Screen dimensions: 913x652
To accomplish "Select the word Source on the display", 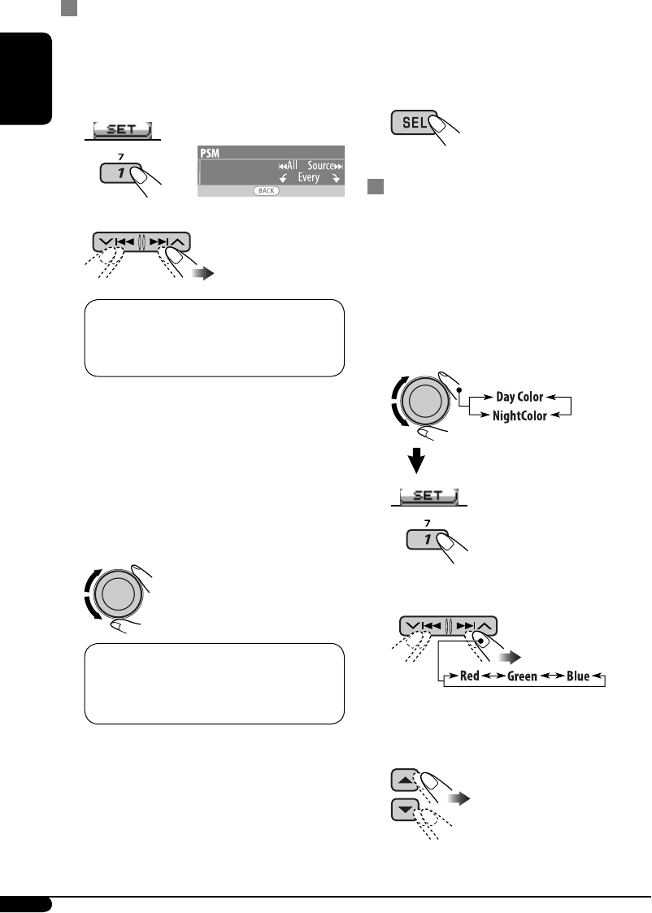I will pyautogui.click(x=319, y=165).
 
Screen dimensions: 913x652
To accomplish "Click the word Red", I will pyautogui.click(x=469, y=676).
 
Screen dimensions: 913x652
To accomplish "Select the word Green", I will pyautogui.click(x=522, y=676).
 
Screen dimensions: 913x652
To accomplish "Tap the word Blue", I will pyautogui.click(x=577, y=676).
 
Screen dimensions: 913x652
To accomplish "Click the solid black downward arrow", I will pyautogui.click(x=416, y=461).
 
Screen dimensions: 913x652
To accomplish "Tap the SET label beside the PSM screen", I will pyautogui.click(x=121, y=128).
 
